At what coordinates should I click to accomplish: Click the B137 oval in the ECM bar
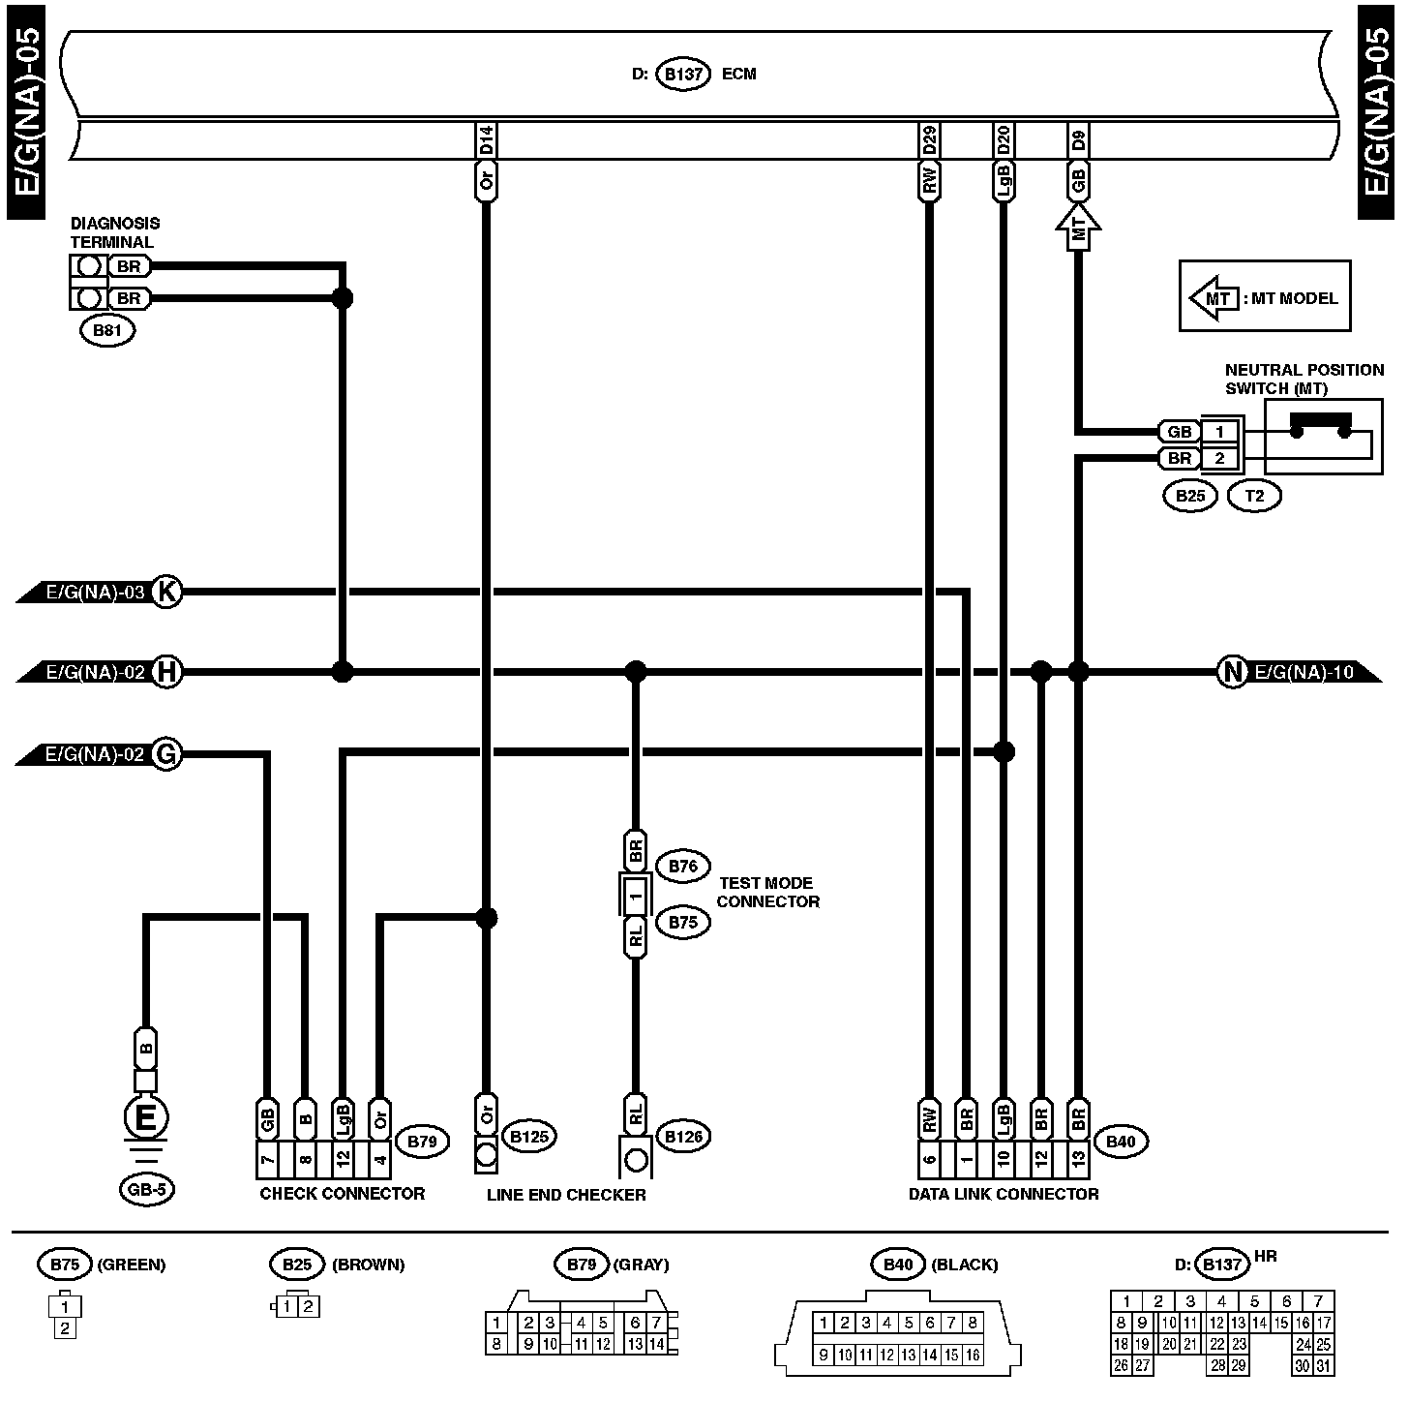coord(683,74)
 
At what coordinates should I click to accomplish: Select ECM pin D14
coord(486,139)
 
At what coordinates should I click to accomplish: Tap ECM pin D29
coord(929,139)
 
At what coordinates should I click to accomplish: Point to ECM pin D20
coord(1004,139)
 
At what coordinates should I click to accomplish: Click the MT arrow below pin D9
coord(1078,228)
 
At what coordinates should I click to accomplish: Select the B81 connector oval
coord(107,330)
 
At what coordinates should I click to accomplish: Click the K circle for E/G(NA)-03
coord(166,592)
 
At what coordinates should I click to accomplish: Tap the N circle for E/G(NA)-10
coord(1233,671)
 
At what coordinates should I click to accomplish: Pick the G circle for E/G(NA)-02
coord(166,753)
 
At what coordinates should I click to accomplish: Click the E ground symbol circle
coord(146,1117)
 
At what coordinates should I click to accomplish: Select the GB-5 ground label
coord(147,1190)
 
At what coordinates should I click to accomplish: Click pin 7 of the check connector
coord(267,1159)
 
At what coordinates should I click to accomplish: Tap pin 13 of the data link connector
coord(1078,1159)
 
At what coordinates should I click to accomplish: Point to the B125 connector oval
coord(529,1137)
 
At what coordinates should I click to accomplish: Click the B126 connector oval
coord(683,1137)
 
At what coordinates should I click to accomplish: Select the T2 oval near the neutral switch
coord(1255,496)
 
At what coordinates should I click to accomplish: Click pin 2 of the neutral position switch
coord(1219,458)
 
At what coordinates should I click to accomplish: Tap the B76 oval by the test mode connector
coord(683,866)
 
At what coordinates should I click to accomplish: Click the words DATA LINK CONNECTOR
coord(1004,1194)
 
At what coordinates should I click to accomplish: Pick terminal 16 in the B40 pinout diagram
coord(973,1356)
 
